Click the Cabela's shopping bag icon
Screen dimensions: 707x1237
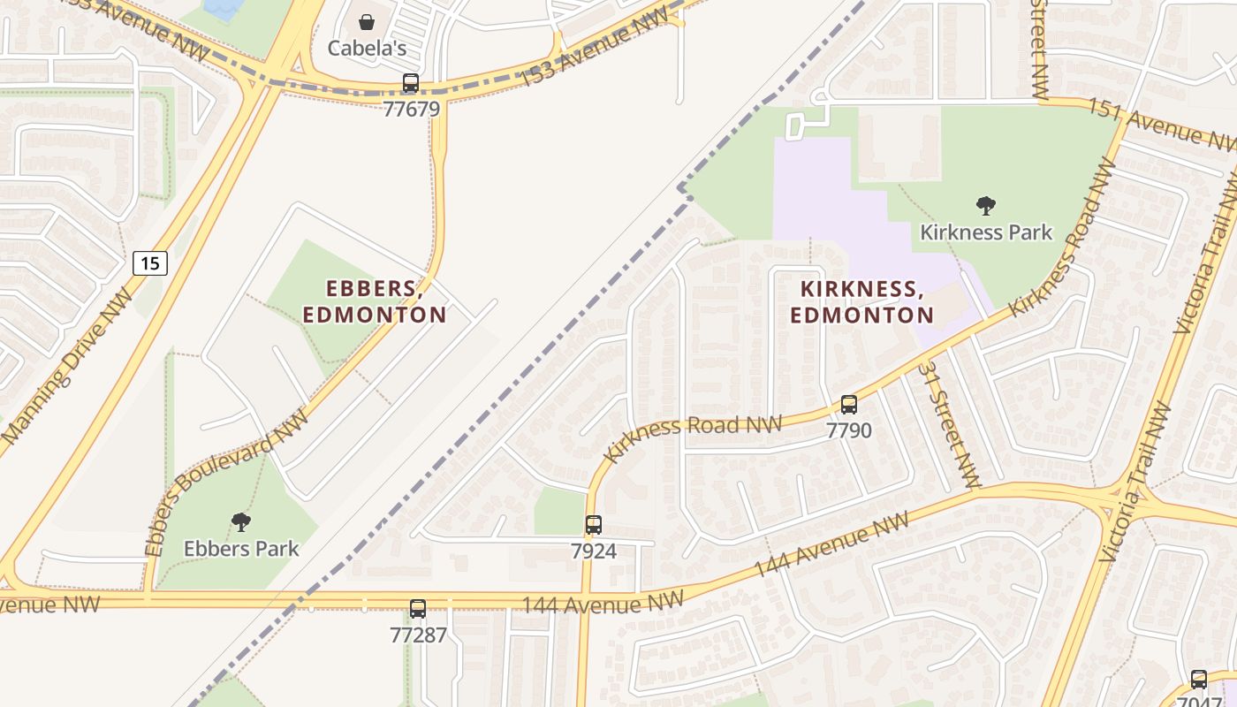pyautogui.click(x=366, y=21)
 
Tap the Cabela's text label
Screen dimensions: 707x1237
pyautogui.click(x=367, y=48)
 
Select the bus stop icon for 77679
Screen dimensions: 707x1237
pyautogui.click(x=411, y=84)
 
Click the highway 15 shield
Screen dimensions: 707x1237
pyautogui.click(x=150, y=262)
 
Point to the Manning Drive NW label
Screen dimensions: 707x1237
pyautogui.click(x=66, y=365)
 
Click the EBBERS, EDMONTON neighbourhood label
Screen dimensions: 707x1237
pyautogui.click(x=375, y=301)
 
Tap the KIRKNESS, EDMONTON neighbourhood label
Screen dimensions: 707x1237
pyautogui.click(x=861, y=302)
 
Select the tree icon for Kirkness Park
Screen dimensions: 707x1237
pyautogui.click(x=986, y=206)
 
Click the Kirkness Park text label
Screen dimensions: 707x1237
pyautogui.click(x=986, y=232)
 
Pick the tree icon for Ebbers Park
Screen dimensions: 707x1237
pyautogui.click(x=241, y=522)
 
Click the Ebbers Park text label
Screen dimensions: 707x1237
pyautogui.click(x=241, y=549)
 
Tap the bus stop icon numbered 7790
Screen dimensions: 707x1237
pyautogui.click(x=849, y=405)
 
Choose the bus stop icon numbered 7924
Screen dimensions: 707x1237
pyautogui.click(x=594, y=525)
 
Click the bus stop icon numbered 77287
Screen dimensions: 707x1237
pyautogui.click(x=418, y=609)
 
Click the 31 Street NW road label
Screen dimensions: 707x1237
pyautogui.click(x=949, y=425)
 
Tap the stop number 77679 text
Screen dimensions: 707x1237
pyautogui.click(x=411, y=109)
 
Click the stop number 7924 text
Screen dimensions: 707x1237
pyautogui.click(x=594, y=551)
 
